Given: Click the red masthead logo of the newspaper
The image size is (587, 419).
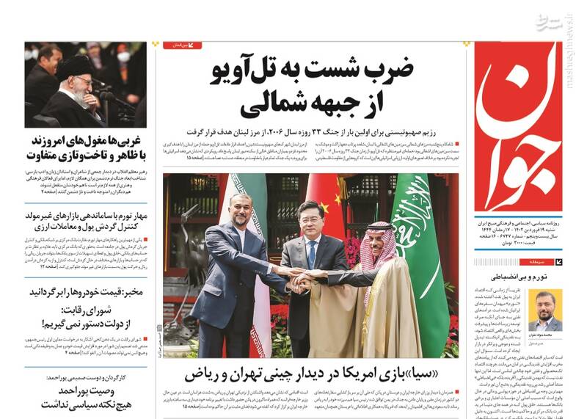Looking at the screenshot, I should coord(518,128).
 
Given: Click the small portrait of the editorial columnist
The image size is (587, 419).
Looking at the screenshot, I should coord(545,310).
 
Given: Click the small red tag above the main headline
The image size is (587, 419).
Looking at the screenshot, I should coord(182,45).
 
